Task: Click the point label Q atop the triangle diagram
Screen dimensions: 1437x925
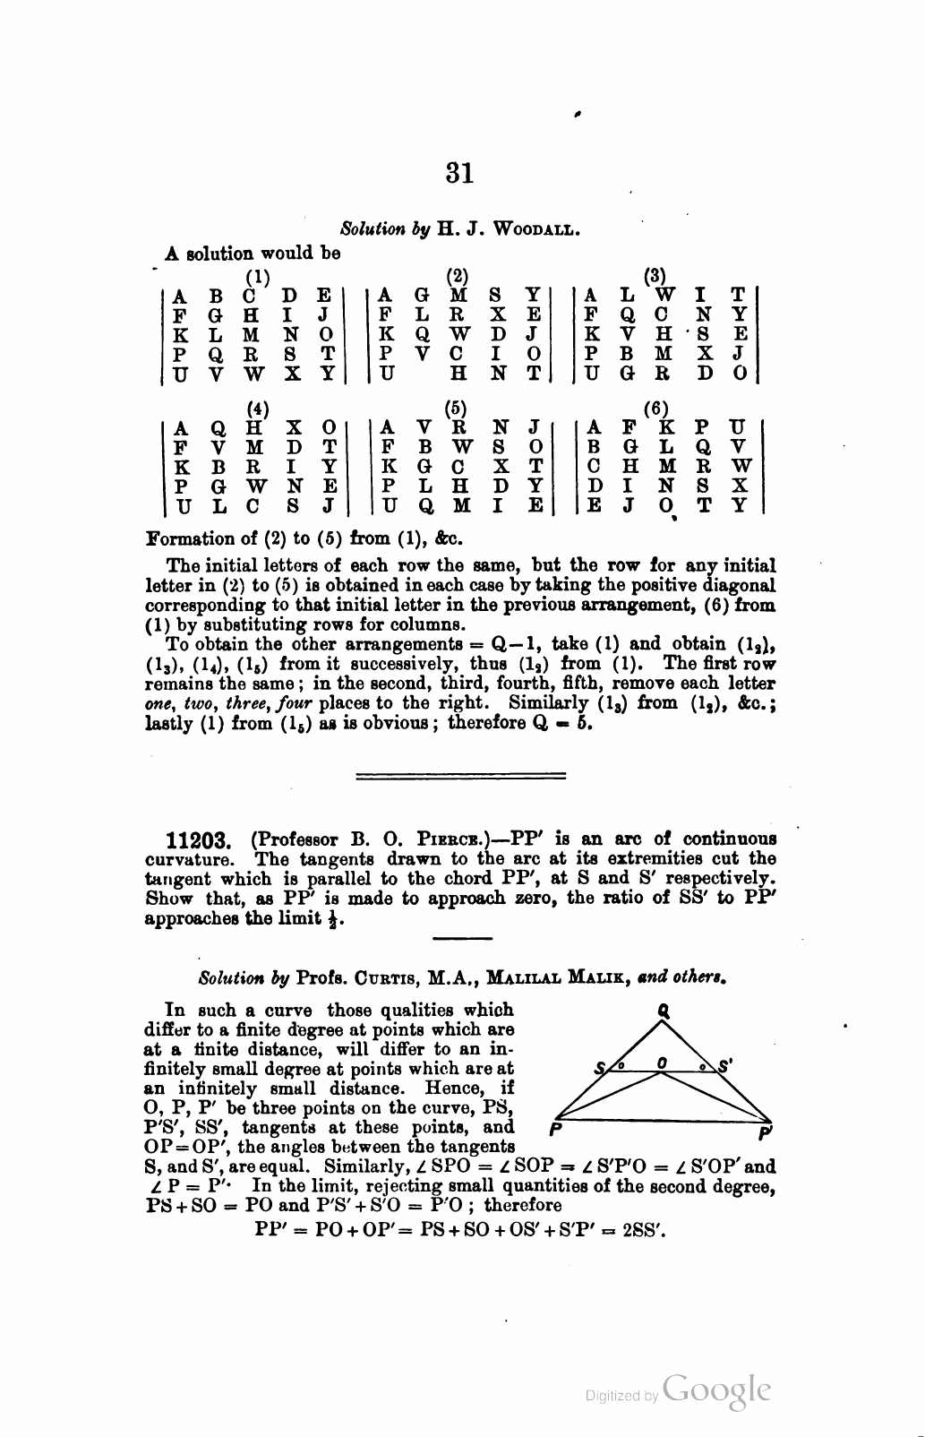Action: pyautogui.click(x=664, y=1009)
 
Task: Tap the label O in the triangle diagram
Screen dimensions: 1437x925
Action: pyautogui.click(x=662, y=1062)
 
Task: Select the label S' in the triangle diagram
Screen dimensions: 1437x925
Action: pyautogui.click(x=725, y=1066)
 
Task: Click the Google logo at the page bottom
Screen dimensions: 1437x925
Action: pyautogui.click(x=717, y=1389)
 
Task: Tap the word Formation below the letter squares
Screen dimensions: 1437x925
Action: pyautogui.click(x=188, y=539)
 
